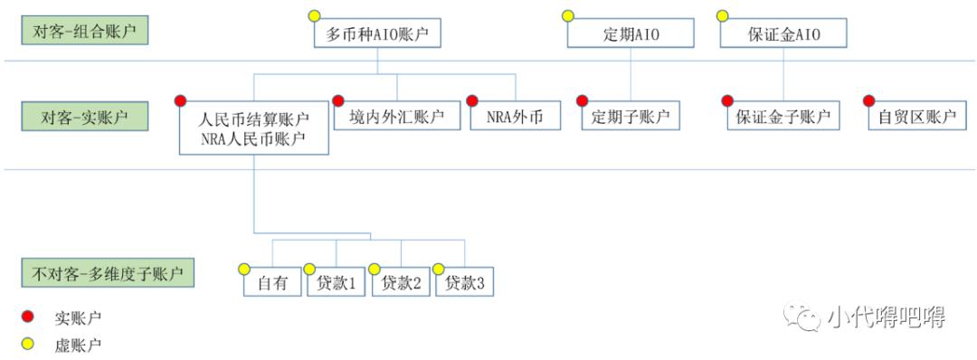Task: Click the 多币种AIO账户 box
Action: tap(376, 34)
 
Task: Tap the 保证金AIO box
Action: tap(784, 34)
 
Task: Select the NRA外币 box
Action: tap(515, 117)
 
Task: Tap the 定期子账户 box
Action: tap(631, 117)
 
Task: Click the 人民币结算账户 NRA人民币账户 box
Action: tap(254, 128)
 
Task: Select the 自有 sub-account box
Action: tap(272, 282)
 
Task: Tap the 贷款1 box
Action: tap(336, 282)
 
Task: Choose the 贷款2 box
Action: tap(401, 282)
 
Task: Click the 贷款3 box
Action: tap(465, 282)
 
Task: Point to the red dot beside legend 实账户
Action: tap(27, 317)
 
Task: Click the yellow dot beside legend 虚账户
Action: tap(27, 345)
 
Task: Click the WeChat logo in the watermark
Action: tap(802, 317)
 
